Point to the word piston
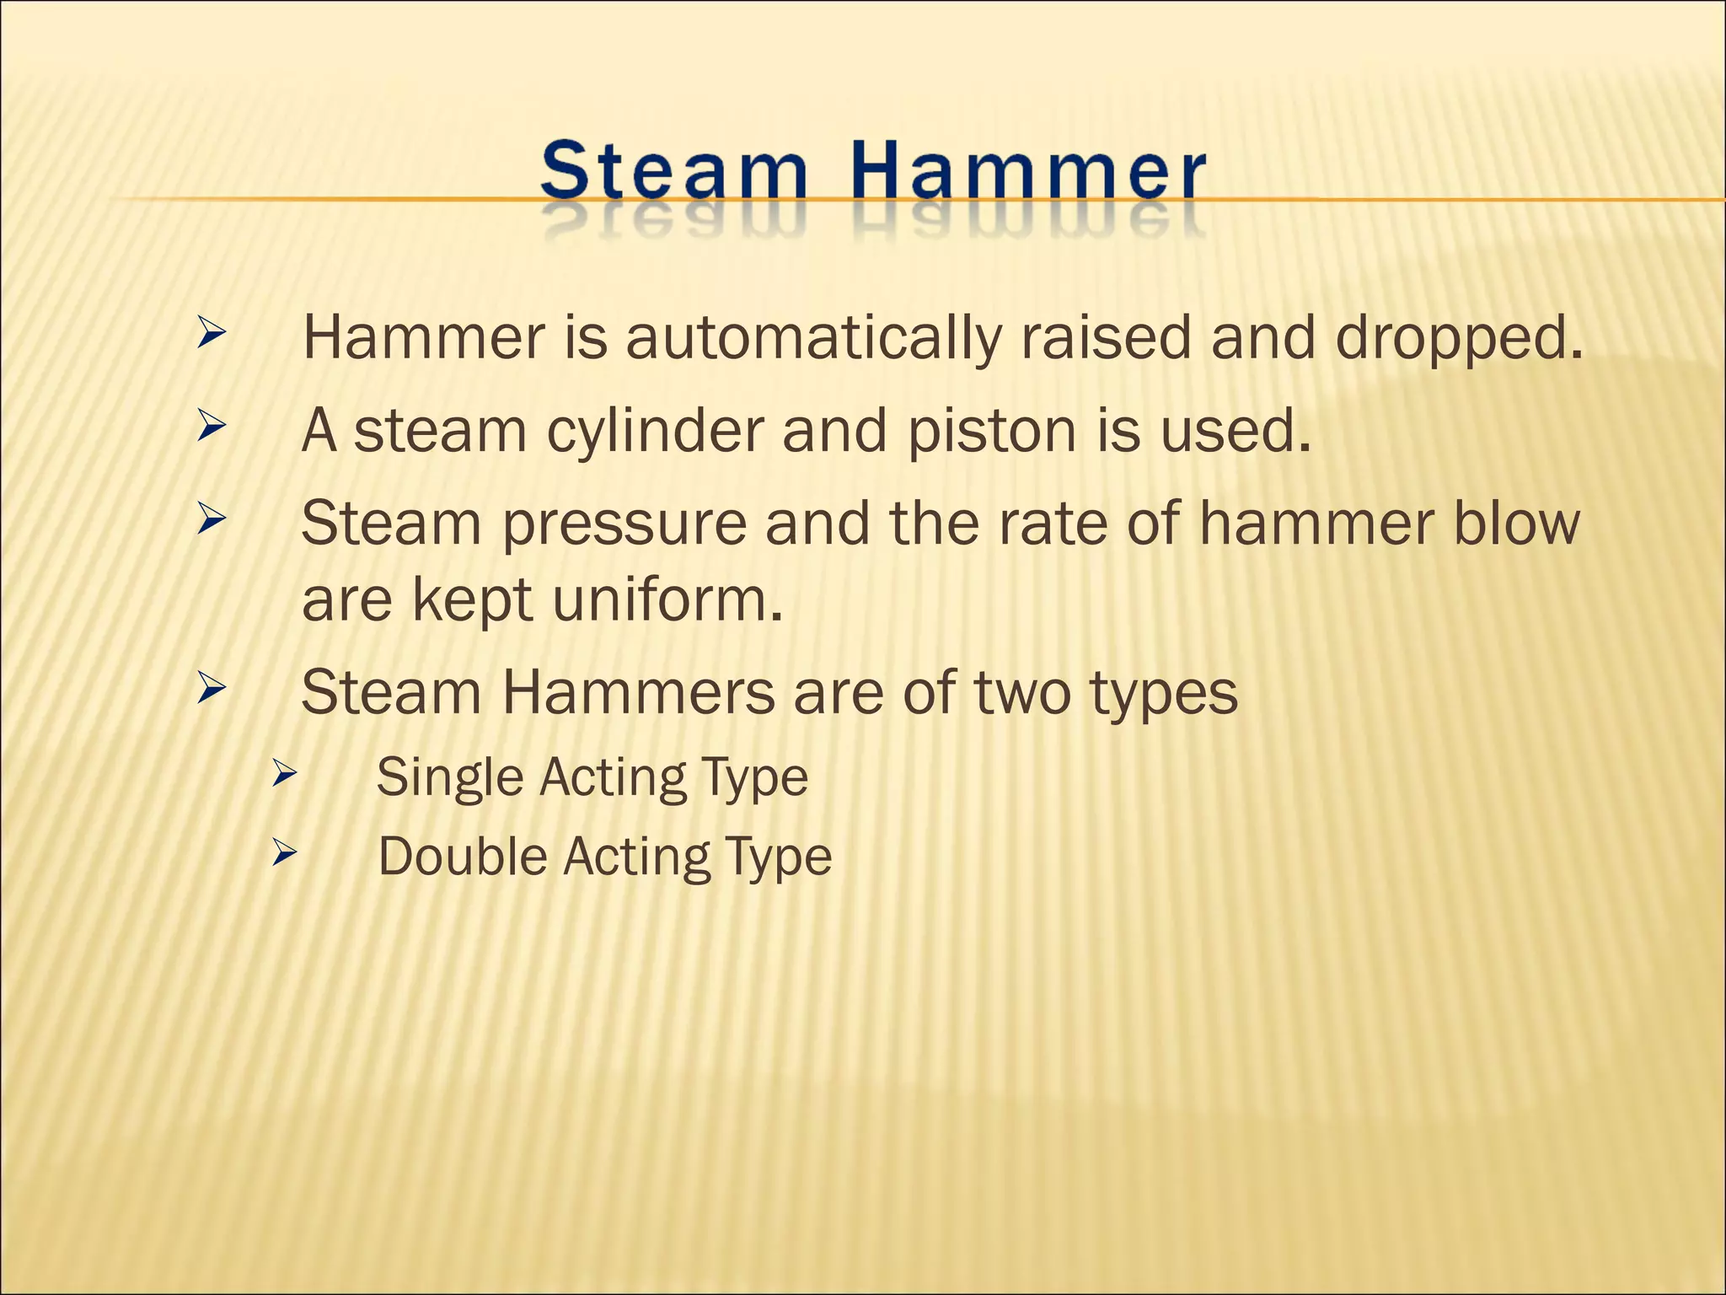click(x=993, y=432)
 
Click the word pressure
click(x=624, y=524)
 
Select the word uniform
click(x=666, y=600)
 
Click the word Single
click(x=449, y=777)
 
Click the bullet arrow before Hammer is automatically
click(x=211, y=335)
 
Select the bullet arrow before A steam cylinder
click(x=211, y=427)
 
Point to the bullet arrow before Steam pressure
click(x=211, y=520)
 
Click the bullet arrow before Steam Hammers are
click(x=211, y=690)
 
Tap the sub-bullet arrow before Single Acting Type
click(x=284, y=775)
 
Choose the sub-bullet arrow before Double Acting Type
click(x=284, y=855)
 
